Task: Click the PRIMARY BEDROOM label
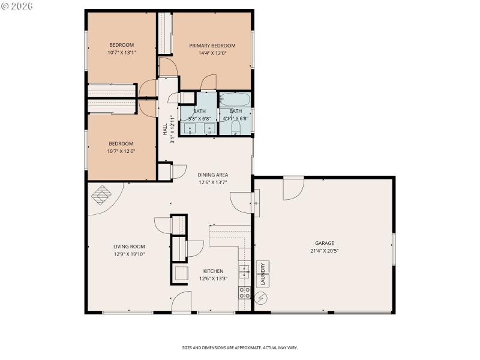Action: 212,46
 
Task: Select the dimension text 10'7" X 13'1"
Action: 121,53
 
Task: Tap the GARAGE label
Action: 324,243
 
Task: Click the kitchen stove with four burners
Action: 245,293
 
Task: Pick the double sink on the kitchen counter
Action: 245,272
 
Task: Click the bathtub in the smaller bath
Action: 235,99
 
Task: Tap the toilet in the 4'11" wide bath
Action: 236,128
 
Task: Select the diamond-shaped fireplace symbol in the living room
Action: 101,194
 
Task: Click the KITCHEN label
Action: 213,271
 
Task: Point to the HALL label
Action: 165,129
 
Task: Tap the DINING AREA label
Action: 213,175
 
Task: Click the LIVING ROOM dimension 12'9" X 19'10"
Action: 129,254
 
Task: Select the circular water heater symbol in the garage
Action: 262,298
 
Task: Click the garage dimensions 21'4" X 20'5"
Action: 324,251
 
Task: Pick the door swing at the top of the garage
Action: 293,188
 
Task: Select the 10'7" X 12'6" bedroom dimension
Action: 121,151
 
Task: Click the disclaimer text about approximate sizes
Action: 240,347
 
